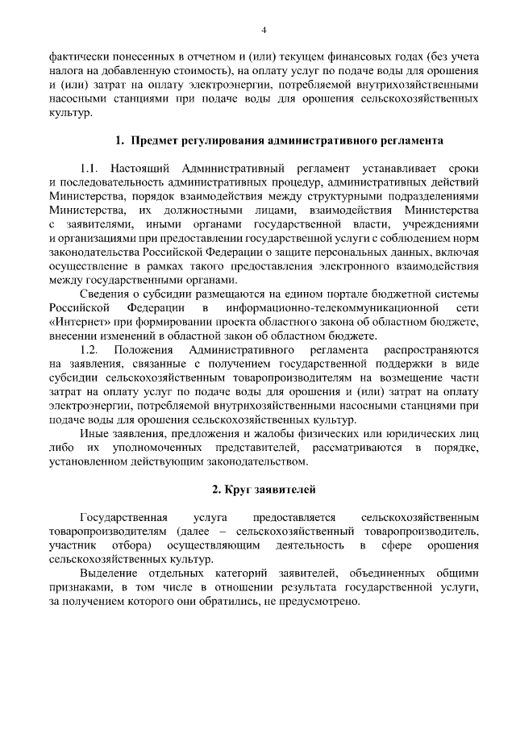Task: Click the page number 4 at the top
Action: [263, 31]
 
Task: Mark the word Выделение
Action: [110, 571]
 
